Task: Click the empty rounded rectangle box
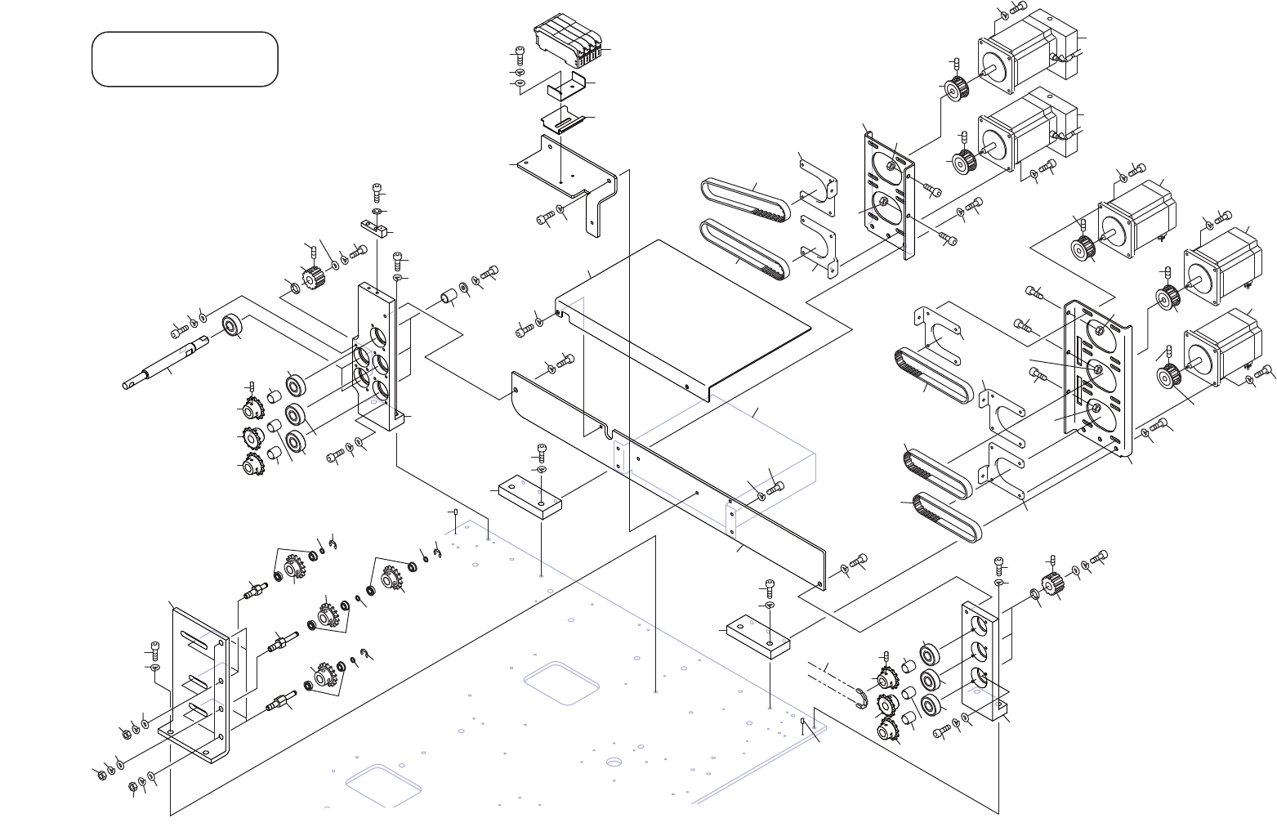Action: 185,59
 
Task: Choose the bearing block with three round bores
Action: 980,660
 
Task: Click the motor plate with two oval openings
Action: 887,194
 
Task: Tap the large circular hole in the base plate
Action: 614,762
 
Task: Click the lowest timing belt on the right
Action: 947,516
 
